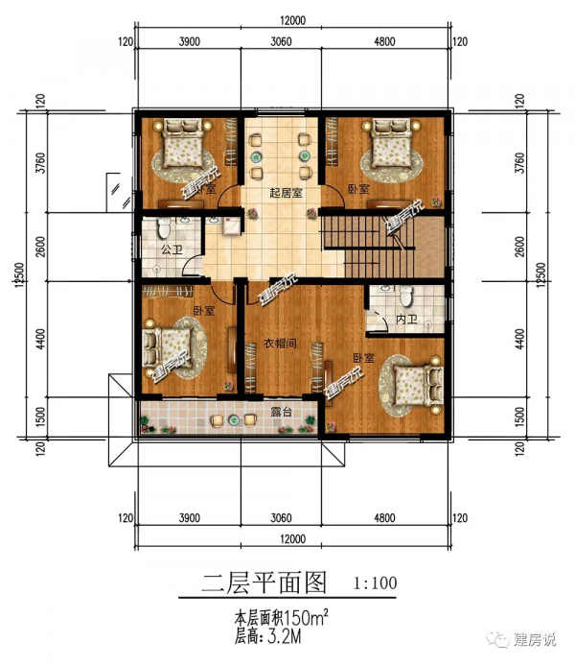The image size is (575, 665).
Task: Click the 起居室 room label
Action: (x=286, y=192)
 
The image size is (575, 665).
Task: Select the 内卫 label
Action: (x=407, y=320)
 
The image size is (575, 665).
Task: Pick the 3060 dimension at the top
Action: (x=281, y=41)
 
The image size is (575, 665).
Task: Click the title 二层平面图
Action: (x=265, y=582)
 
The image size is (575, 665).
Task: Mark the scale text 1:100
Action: (x=375, y=582)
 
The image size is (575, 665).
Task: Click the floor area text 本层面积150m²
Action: (x=283, y=614)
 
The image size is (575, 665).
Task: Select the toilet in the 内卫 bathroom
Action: (x=406, y=294)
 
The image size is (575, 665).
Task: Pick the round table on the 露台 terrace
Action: (x=233, y=419)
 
